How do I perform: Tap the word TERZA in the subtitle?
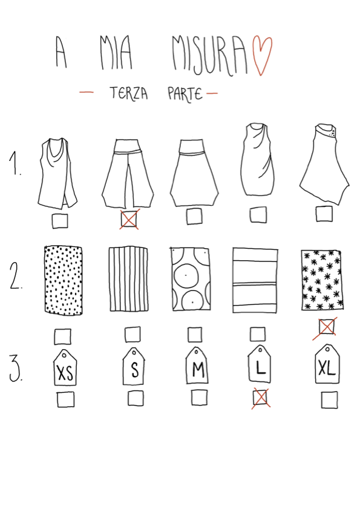[129, 93]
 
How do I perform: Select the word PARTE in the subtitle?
[185, 94]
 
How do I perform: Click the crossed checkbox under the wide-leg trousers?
[129, 219]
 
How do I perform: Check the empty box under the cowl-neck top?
[60, 221]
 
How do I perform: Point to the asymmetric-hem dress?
[324, 164]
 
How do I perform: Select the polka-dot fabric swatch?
[64, 280]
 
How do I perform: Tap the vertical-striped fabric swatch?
[128, 280]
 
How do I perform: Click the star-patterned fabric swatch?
[322, 280]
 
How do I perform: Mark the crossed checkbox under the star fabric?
[326, 327]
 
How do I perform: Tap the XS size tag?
[65, 368]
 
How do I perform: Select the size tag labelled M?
[197, 366]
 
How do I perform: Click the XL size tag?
[327, 364]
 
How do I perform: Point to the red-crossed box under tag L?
[260, 398]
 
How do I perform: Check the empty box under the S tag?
[136, 398]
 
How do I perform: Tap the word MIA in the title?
[116, 53]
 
